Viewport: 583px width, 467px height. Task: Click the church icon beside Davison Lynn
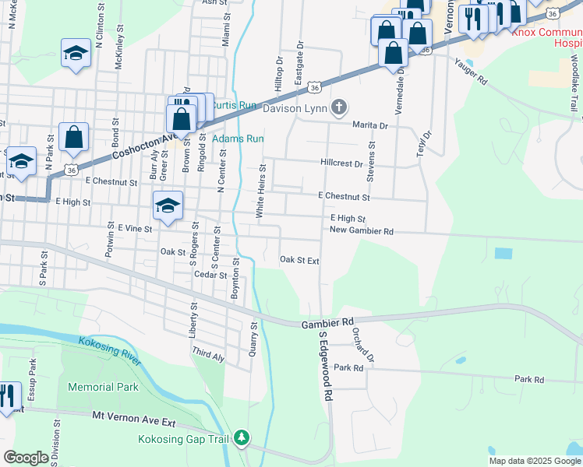coord(338,107)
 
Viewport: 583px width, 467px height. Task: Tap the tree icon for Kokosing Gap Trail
coord(242,439)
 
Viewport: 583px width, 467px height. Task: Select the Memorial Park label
coord(103,387)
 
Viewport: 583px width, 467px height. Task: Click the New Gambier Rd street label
coord(361,230)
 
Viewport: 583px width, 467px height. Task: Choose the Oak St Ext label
coord(299,260)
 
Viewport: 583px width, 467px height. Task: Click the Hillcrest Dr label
coord(341,164)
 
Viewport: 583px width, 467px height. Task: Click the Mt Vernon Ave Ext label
coord(134,420)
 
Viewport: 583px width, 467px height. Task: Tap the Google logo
coord(26,458)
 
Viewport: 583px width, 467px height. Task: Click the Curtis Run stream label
coord(235,105)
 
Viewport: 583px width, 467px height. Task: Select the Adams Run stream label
coord(238,139)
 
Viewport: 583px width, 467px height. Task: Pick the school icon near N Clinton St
coord(76,53)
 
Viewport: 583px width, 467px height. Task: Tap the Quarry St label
coord(253,339)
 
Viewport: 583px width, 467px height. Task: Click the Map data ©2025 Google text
coord(535,461)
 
